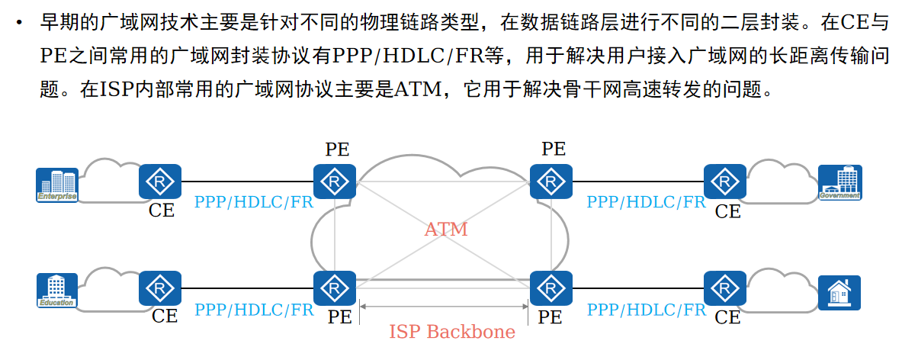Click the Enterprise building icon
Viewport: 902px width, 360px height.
pyautogui.click(x=57, y=185)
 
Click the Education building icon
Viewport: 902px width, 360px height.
pyautogui.click(x=57, y=291)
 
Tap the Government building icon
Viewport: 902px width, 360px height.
pyautogui.click(x=839, y=183)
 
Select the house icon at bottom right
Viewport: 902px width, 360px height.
pyautogui.click(x=839, y=292)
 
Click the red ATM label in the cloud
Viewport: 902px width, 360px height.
pyautogui.click(x=446, y=229)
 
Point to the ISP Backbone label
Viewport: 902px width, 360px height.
pyautogui.click(x=452, y=332)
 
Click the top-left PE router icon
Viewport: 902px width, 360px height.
pyautogui.click(x=334, y=182)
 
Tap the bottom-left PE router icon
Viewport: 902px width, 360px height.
pyautogui.click(x=334, y=288)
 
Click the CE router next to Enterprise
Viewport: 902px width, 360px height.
pyautogui.click(x=159, y=183)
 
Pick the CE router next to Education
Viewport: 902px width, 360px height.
pyautogui.click(x=159, y=289)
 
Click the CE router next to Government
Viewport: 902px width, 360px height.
pyautogui.click(x=724, y=183)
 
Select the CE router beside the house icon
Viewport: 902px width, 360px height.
pyautogui.click(x=724, y=289)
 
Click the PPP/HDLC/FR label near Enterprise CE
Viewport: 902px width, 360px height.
pyautogui.click(x=254, y=203)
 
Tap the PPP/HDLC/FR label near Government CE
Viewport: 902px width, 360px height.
pyautogui.click(x=646, y=203)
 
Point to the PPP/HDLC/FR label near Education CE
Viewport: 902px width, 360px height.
pyautogui.click(x=254, y=310)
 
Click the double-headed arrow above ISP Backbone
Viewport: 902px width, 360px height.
pyautogui.click(x=445, y=307)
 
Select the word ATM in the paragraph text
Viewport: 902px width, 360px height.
pyautogui.click(x=414, y=90)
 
